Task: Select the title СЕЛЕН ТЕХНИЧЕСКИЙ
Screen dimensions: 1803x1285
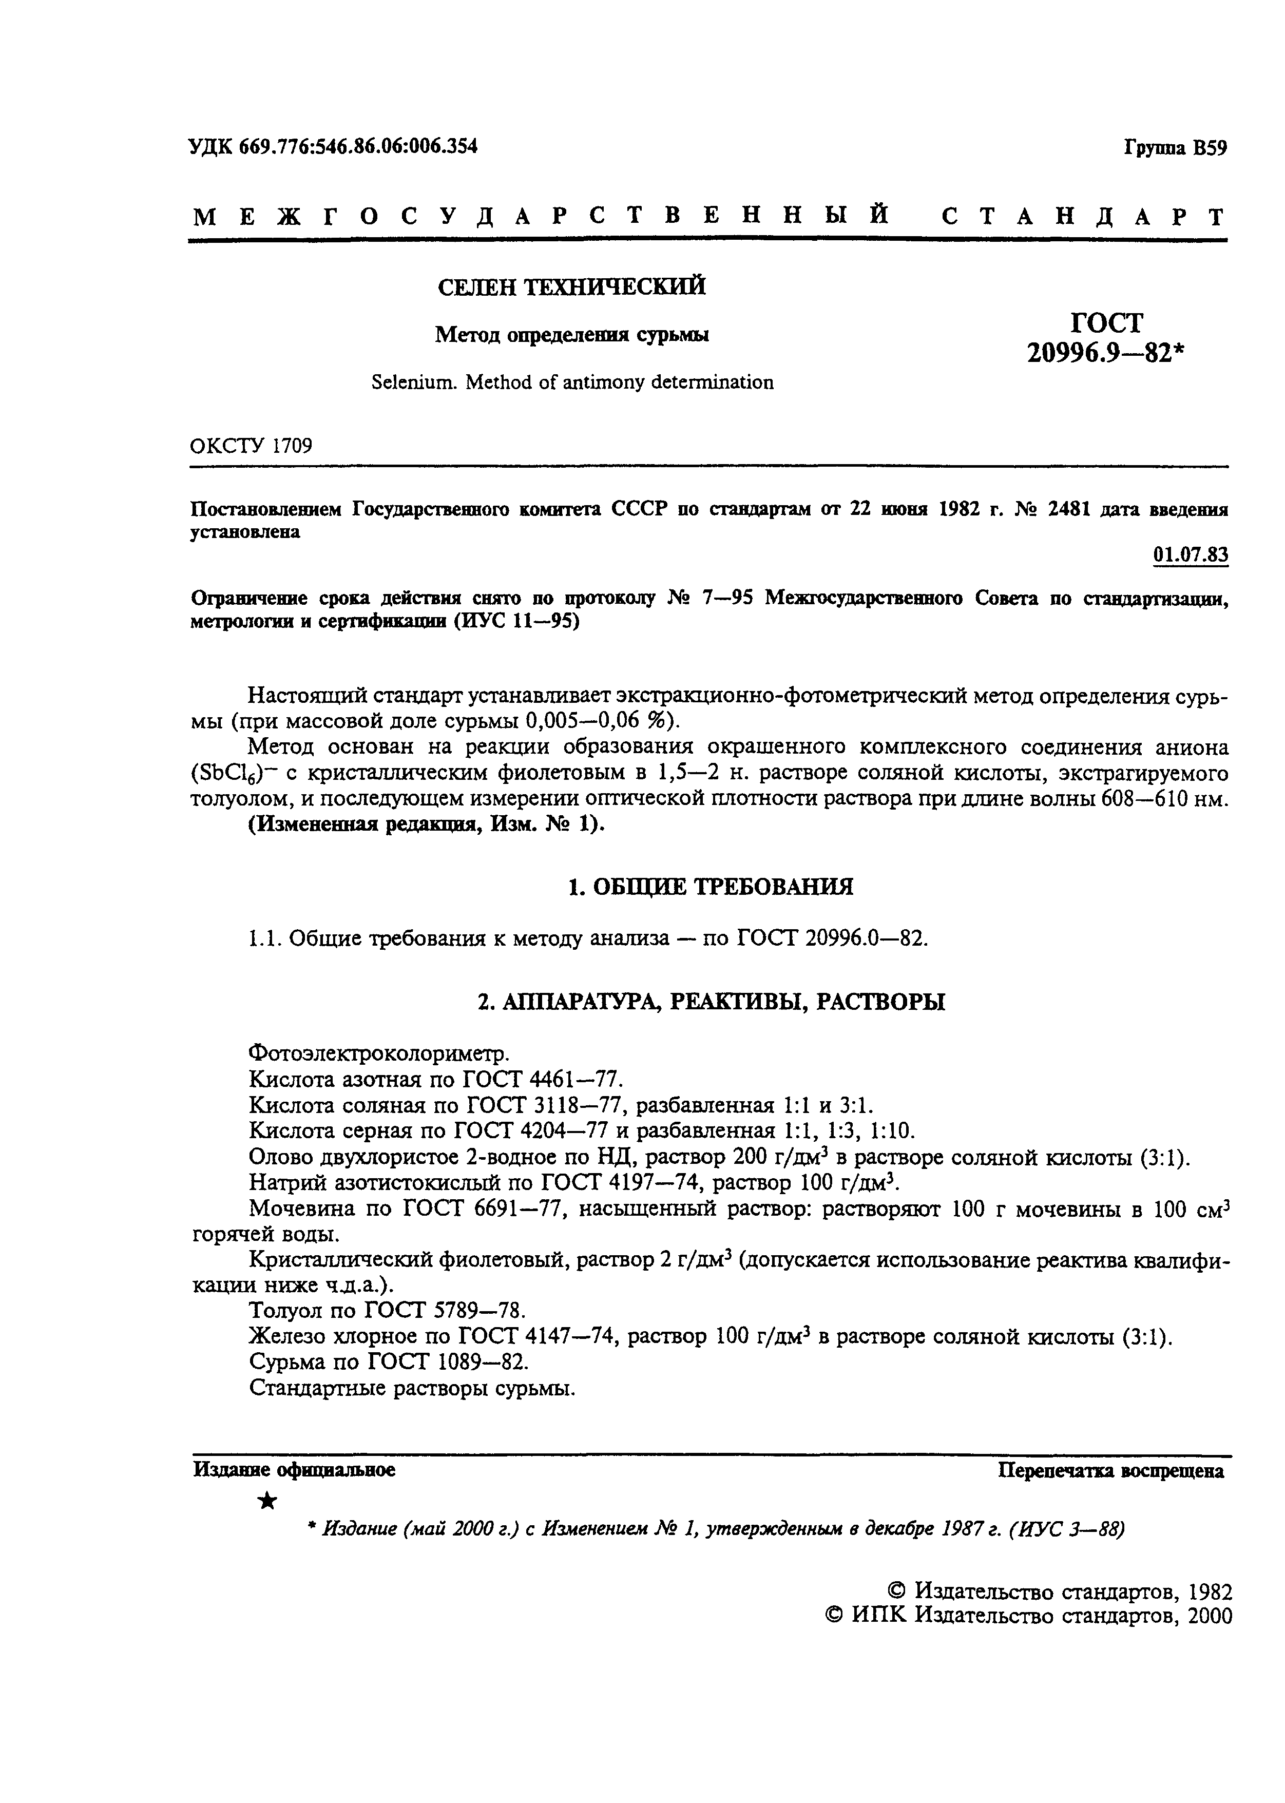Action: (x=571, y=287)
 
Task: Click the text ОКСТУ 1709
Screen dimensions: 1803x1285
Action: (x=251, y=446)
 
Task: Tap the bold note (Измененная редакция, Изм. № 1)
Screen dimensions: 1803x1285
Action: (x=427, y=825)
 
